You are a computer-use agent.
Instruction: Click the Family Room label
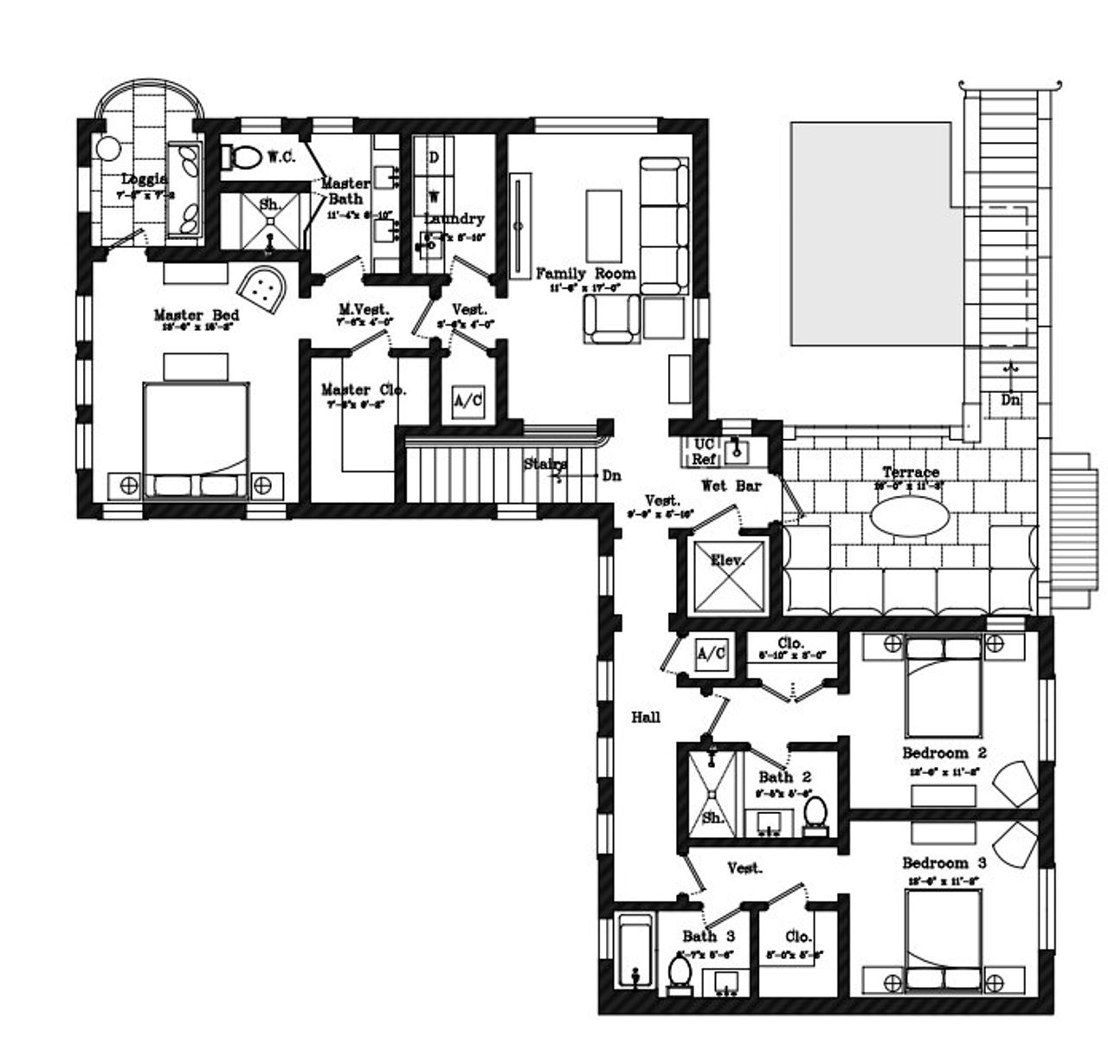click(586, 274)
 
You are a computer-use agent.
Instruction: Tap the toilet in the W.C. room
click(242, 157)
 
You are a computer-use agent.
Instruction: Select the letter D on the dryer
click(434, 157)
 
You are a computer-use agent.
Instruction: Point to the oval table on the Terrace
click(910, 519)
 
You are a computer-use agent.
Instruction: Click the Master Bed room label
click(196, 315)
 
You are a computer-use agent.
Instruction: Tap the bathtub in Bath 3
click(635, 951)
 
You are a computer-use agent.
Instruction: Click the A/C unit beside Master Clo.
click(468, 401)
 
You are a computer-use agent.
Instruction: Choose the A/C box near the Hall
click(712, 654)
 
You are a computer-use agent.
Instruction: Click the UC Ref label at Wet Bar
click(703, 451)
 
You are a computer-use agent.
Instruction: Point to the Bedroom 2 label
click(944, 752)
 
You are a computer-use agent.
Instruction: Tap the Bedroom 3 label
click(944, 863)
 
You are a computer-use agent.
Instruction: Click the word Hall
click(646, 717)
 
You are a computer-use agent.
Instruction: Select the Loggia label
click(144, 179)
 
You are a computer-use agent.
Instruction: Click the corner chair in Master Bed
click(262, 287)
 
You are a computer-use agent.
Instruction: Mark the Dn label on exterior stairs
click(1010, 400)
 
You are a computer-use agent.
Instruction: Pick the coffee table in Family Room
click(603, 219)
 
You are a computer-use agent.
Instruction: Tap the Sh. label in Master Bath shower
click(270, 205)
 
